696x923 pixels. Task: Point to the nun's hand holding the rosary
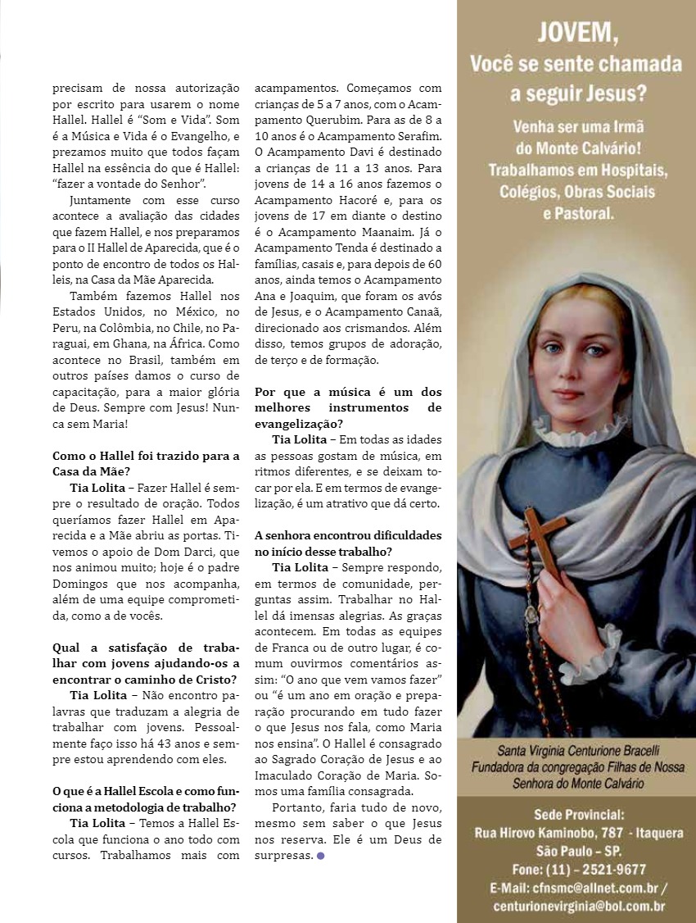[573, 607]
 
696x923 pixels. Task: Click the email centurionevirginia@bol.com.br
[579, 906]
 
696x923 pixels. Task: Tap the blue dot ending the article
[320, 856]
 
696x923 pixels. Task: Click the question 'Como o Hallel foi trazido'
[146, 456]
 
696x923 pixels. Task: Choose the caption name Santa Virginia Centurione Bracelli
[577, 750]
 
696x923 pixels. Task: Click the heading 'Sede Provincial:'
[579, 815]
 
